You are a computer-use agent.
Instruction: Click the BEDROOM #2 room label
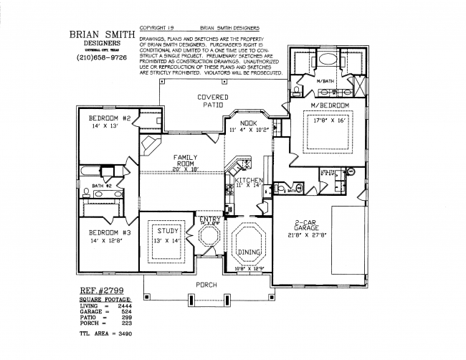click(108, 118)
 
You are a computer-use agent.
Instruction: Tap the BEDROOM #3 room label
click(108, 232)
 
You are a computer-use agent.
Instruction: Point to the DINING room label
click(249, 252)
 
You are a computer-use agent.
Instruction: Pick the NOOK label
click(249, 123)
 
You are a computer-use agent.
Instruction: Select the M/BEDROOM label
click(330, 105)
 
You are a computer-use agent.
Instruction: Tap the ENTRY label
click(211, 219)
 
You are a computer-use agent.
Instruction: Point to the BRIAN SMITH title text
click(101, 33)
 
